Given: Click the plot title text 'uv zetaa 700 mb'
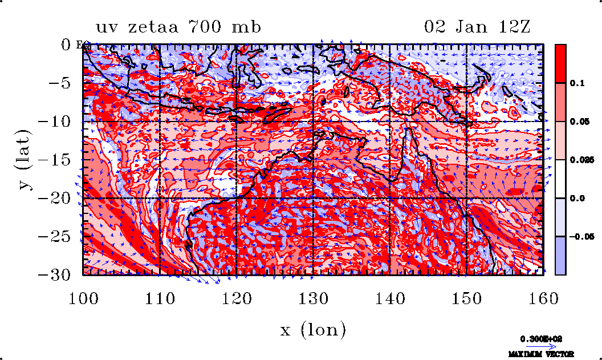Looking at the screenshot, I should (x=178, y=27).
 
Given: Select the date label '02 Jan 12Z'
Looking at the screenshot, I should (x=478, y=27).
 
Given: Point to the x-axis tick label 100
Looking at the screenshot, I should (x=83, y=297).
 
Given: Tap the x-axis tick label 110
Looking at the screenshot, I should (x=160, y=297).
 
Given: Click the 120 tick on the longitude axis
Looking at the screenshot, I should (x=237, y=297).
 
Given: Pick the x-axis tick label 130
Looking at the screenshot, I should (x=314, y=297).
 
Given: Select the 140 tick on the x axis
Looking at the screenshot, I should (x=390, y=297).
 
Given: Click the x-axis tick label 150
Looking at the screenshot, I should (x=467, y=297).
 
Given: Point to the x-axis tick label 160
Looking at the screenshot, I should (x=543, y=297).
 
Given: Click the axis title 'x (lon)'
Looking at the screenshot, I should (x=313, y=330).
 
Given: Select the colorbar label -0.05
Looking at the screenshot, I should (x=580, y=236).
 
